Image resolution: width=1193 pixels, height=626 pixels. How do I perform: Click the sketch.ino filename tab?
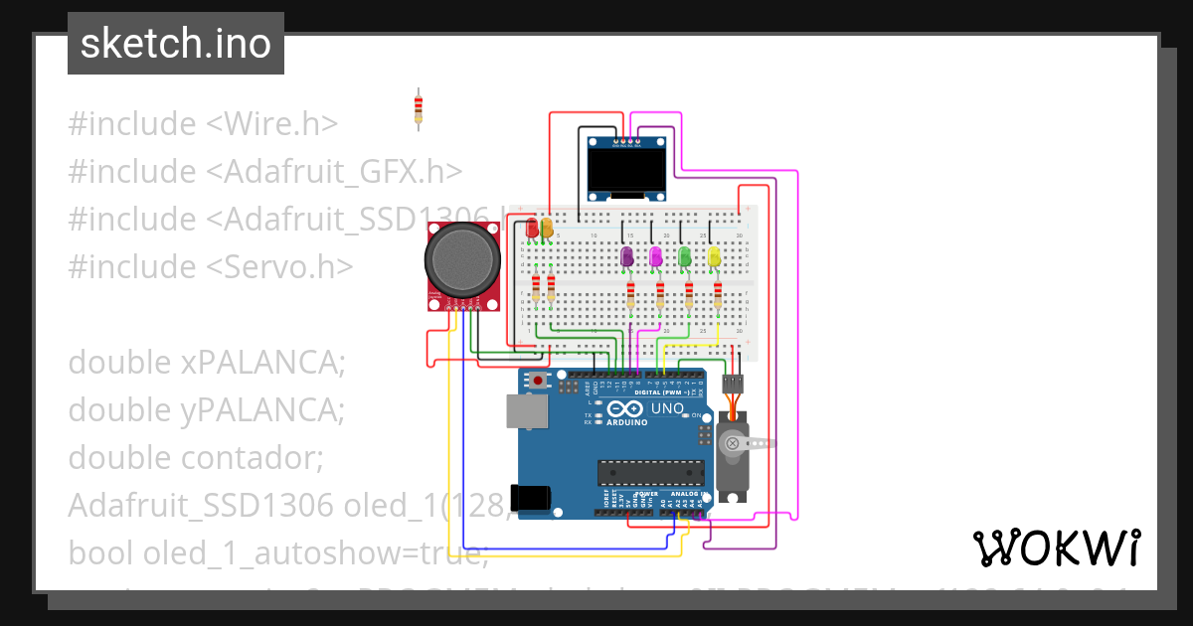click(x=176, y=44)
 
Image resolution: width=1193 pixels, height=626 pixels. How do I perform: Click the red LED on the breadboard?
click(x=533, y=228)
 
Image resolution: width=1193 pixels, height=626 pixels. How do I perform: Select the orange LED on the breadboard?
click(x=547, y=228)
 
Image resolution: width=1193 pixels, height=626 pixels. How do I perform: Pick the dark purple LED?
click(x=626, y=256)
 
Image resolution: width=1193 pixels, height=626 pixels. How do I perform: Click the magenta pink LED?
click(x=655, y=256)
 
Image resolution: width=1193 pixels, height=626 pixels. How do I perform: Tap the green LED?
click(x=684, y=256)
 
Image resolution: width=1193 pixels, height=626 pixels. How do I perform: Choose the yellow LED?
click(x=714, y=256)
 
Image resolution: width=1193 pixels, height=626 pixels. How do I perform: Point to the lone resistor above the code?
click(x=419, y=108)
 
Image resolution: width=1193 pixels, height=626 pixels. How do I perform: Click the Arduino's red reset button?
click(x=539, y=380)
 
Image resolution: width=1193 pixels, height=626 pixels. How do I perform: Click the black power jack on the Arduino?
click(x=529, y=497)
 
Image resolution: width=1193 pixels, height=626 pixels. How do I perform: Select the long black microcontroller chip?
click(x=646, y=473)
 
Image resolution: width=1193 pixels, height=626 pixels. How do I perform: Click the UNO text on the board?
click(x=667, y=408)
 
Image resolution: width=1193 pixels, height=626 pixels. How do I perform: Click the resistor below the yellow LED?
click(x=719, y=293)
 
